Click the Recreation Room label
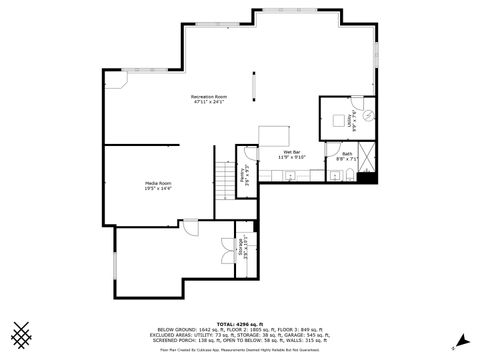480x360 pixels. (209, 99)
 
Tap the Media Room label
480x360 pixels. (158, 186)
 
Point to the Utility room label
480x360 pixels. (348, 121)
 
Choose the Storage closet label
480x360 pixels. (241, 244)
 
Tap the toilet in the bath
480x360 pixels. (341, 178)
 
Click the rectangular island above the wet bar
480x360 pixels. (274, 135)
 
